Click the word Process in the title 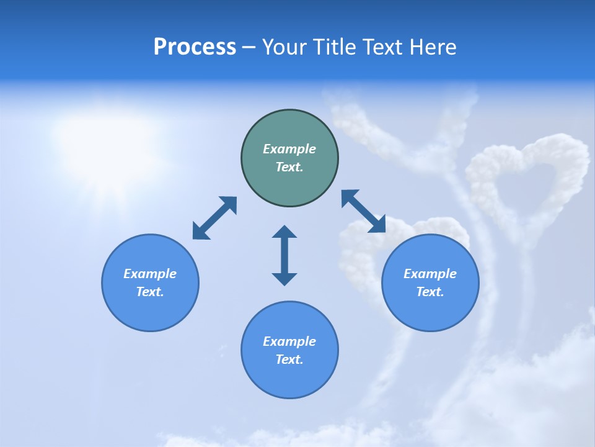[195, 47]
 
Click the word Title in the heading [334, 47]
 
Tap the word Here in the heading [433, 47]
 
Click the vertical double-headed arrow [284, 255]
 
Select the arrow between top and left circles [214, 218]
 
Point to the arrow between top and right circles [364, 211]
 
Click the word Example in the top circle [289, 149]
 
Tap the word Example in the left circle [150, 274]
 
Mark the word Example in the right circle [430, 274]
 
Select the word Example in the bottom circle [289, 341]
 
